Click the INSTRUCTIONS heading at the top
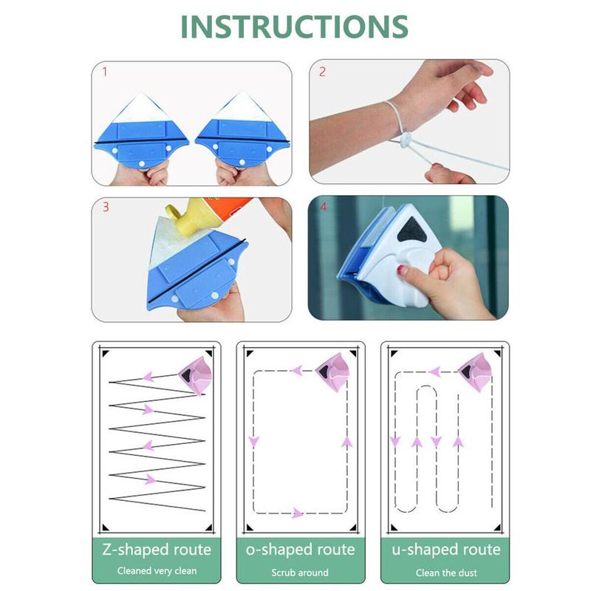[x=294, y=27]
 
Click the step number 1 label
[x=104, y=72]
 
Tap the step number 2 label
[x=322, y=72]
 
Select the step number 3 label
[x=105, y=208]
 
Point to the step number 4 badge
[x=321, y=208]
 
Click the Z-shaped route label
[x=156, y=550]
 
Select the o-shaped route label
[x=300, y=550]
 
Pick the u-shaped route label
[x=445, y=550]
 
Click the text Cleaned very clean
[x=156, y=571]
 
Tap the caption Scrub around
[x=300, y=571]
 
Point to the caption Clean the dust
[x=445, y=571]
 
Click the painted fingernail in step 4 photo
[x=403, y=271]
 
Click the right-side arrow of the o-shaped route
[x=346, y=443]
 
